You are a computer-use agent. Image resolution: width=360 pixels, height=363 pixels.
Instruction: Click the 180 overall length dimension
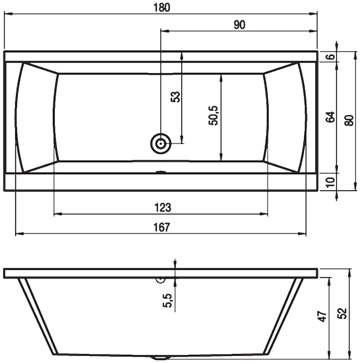(x=162, y=7)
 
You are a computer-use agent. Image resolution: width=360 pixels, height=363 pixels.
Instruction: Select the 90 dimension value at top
(x=239, y=25)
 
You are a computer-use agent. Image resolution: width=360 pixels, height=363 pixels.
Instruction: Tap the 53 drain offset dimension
(x=175, y=97)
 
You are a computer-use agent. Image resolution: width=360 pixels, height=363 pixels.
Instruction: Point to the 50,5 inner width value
(x=213, y=116)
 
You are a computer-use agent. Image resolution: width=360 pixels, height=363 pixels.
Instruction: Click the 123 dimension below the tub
(x=163, y=207)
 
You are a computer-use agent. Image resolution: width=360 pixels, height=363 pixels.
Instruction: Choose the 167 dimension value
(x=162, y=227)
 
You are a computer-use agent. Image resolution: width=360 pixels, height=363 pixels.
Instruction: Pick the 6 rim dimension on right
(x=331, y=56)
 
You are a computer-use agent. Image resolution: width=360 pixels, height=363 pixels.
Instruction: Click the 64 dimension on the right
(x=330, y=117)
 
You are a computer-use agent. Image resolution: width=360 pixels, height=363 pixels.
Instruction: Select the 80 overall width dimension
(x=349, y=120)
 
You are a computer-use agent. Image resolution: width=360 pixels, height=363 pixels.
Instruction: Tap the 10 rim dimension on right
(x=331, y=182)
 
